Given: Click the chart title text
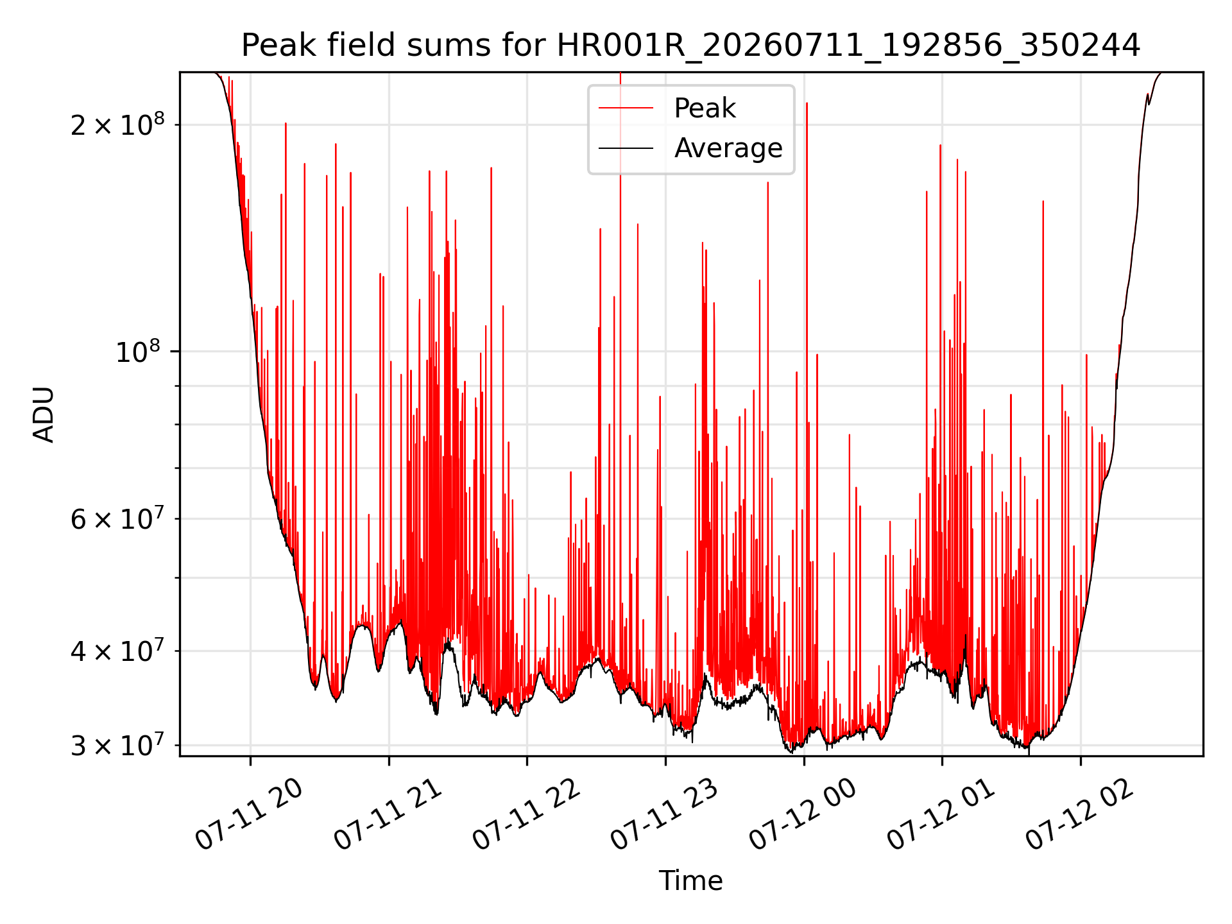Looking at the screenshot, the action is (690, 46).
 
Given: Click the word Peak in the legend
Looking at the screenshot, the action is (705, 108).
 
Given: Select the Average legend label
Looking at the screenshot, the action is (728, 148).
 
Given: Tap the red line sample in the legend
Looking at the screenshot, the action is (626, 108).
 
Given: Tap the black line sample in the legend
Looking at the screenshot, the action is (626, 148).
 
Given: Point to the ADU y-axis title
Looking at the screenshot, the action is (44, 415).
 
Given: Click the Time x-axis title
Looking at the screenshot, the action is (690, 881).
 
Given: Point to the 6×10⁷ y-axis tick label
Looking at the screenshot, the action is (117, 518).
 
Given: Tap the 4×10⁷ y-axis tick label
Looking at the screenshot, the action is (117, 650).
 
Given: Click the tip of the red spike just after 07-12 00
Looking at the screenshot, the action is (807, 103).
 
